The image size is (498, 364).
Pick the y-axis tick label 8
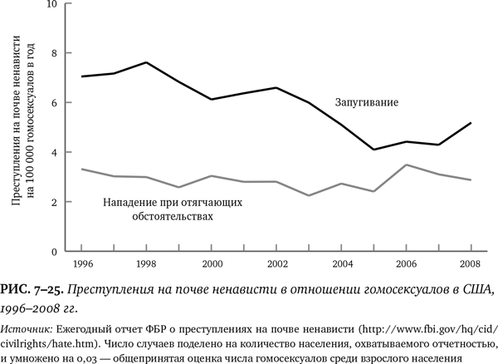(x=55, y=53)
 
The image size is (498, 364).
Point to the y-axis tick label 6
(x=55, y=103)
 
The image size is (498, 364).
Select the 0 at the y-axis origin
(x=55, y=251)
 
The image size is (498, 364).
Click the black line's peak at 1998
(x=146, y=62)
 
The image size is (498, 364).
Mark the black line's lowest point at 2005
(x=373, y=150)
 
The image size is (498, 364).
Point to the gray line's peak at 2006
(x=406, y=165)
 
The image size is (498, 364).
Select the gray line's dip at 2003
(x=309, y=195)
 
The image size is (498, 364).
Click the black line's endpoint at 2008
(x=471, y=123)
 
